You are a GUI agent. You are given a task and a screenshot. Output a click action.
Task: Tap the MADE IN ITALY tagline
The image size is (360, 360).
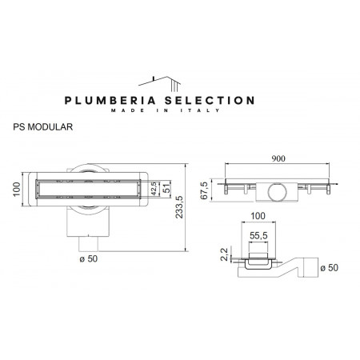(180, 113)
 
